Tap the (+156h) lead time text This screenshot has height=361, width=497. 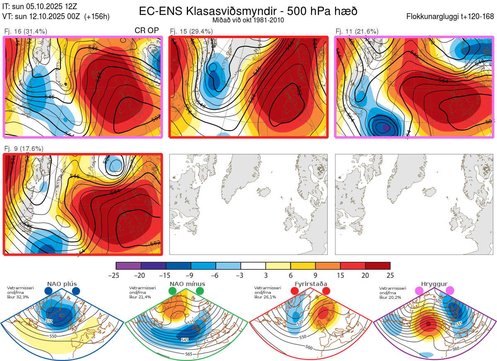[x=97, y=17]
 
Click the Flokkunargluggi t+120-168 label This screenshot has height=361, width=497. [x=450, y=17]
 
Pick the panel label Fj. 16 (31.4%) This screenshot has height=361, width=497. [x=26, y=31]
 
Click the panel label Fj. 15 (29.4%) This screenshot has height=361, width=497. [x=191, y=31]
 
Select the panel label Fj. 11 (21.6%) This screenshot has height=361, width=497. [x=357, y=31]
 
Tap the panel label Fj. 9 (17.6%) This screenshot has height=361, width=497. [x=24, y=148]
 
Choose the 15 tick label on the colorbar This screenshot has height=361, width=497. [x=340, y=275]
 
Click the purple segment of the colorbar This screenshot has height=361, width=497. [x=128, y=266]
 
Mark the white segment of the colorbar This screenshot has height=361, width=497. [x=253, y=266]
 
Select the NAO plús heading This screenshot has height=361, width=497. [x=62, y=284]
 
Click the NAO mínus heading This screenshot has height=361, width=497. [x=187, y=284]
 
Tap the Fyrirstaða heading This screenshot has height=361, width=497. [x=311, y=284]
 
